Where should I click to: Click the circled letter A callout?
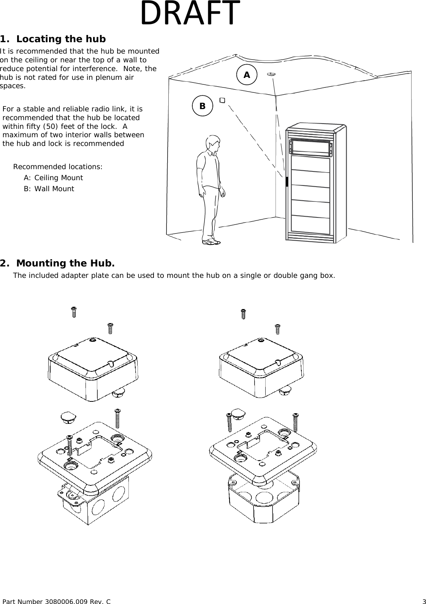click(247, 75)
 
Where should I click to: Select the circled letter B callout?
click(202, 106)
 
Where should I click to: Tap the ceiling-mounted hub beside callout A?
click(271, 75)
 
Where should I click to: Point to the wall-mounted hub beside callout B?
click(222, 100)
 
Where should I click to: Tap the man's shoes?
click(211, 241)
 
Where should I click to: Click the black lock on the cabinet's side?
click(287, 182)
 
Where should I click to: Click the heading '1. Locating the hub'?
click(53, 39)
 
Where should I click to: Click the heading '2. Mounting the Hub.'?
click(57, 263)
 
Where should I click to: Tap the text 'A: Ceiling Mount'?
click(53, 178)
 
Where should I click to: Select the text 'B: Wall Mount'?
click(49, 189)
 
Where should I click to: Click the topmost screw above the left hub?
click(74, 312)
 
